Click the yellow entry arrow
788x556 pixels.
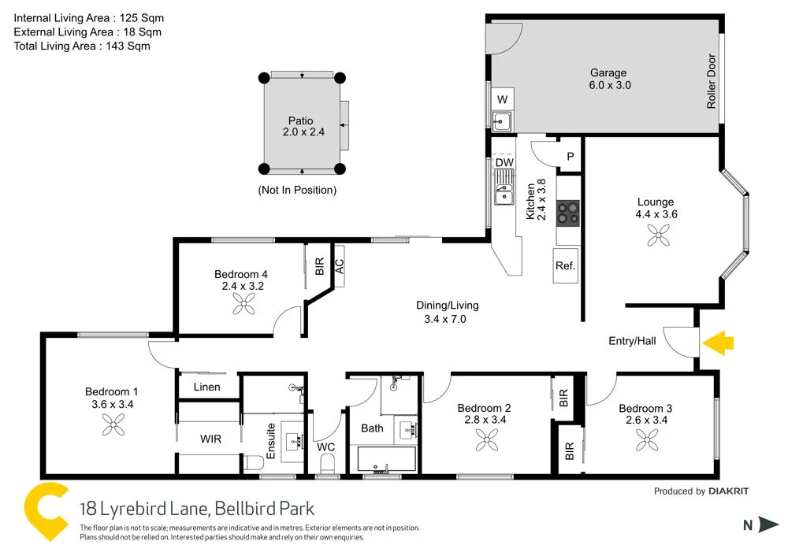point(718,343)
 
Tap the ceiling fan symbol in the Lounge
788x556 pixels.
point(656,235)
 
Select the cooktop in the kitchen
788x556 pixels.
point(567,213)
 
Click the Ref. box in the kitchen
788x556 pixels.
point(565,265)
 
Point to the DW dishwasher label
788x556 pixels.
point(504,163)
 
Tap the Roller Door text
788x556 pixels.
point(711,81)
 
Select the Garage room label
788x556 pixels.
point(608,73)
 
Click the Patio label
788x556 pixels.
point(299,120)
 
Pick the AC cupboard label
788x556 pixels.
point(340,266)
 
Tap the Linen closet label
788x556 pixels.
point(206,387)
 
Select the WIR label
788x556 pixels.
point(210,437)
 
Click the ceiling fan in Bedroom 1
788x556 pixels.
point(113,426)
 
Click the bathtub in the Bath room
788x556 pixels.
point(386,459)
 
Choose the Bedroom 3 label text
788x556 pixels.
point(645,408)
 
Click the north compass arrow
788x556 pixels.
point(767,525)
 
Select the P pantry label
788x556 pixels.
point(570,157)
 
